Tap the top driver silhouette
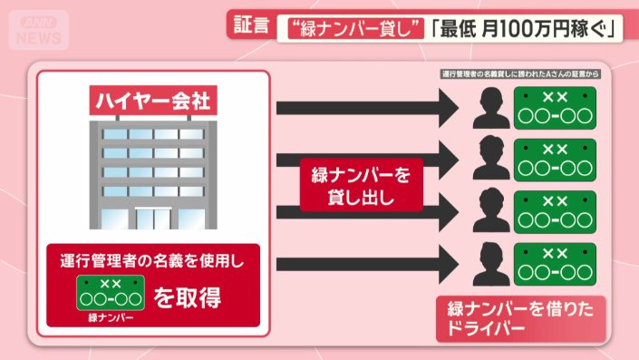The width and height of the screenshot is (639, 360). click(x=490, y=111)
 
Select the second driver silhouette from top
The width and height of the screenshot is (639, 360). click(x=490, y=160)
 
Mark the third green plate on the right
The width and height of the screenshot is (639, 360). click(x=554, y=210)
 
